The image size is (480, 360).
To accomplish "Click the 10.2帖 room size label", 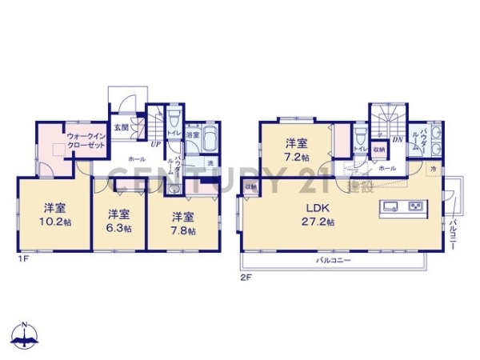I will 54,222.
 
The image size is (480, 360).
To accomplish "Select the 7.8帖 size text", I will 183,226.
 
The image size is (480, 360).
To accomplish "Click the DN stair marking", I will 398,138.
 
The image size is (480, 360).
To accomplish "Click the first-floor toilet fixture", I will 173,127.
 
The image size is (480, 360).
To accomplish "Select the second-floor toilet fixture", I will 361,132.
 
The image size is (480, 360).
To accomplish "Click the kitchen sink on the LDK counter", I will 390,208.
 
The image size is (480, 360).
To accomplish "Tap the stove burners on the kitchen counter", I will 416,208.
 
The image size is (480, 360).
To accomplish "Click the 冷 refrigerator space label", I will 432,170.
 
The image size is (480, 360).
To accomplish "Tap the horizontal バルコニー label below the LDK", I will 330,262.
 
